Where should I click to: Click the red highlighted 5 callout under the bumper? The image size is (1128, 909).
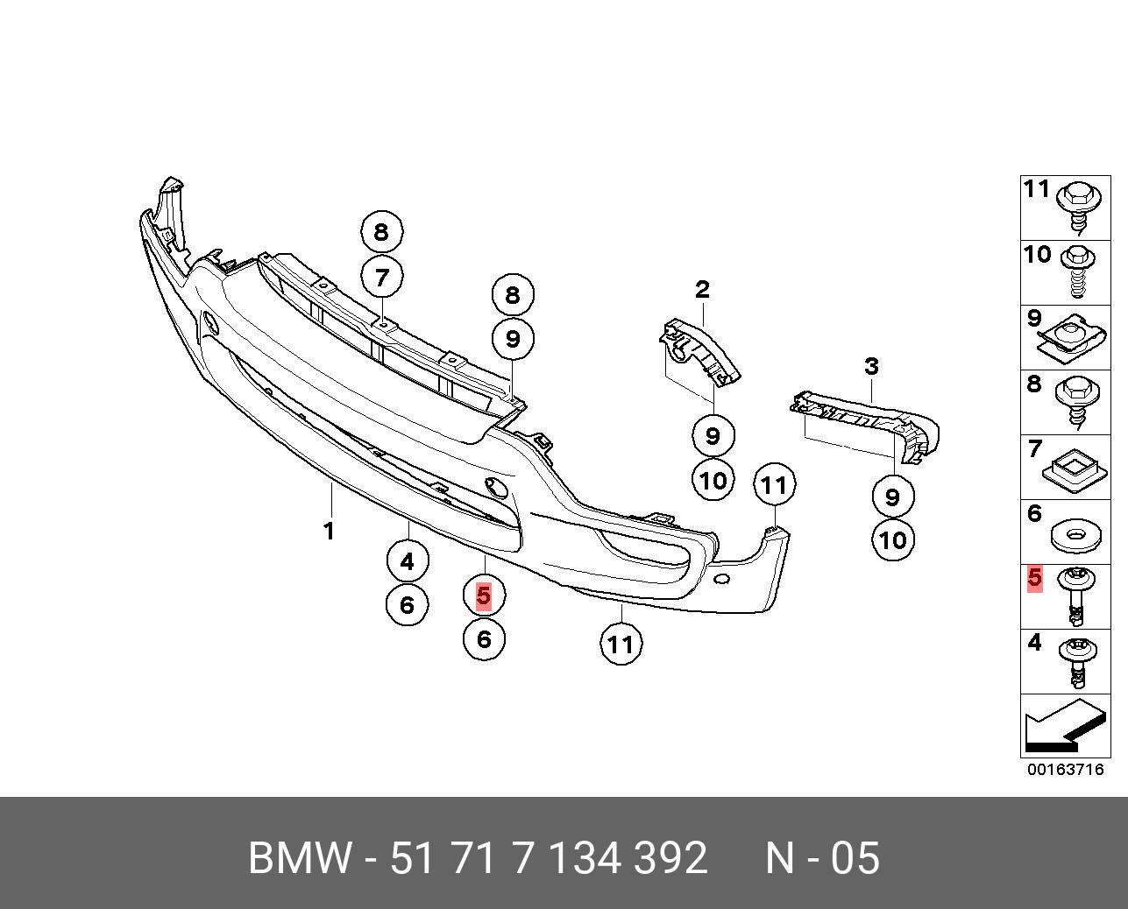tap(483, 595)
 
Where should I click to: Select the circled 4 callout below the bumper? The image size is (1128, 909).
tap(407, 561)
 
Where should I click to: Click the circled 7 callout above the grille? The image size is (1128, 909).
tap(381, 278)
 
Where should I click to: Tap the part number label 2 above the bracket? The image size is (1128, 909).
tap(702, 289)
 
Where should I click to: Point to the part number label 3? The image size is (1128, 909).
tap(871, 366)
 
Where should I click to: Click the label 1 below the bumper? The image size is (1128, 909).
tap(329, 531)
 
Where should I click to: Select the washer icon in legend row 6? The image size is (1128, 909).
tap(1075, 535)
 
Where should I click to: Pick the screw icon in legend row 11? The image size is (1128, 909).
tap(1077, 208)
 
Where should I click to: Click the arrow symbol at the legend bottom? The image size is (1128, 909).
tap(1063, 727)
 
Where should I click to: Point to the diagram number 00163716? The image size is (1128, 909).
tap(1066, 770)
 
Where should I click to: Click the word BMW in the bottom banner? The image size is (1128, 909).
tap(300, 858)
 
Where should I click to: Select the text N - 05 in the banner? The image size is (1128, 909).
tap(822, 858)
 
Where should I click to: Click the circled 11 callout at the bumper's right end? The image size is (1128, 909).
tap(774, 484)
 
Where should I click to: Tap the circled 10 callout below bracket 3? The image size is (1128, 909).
tap(892, 539)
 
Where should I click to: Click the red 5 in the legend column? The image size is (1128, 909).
tap(1035, 579)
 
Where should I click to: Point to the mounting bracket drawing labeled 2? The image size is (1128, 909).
tap(700, 350)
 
